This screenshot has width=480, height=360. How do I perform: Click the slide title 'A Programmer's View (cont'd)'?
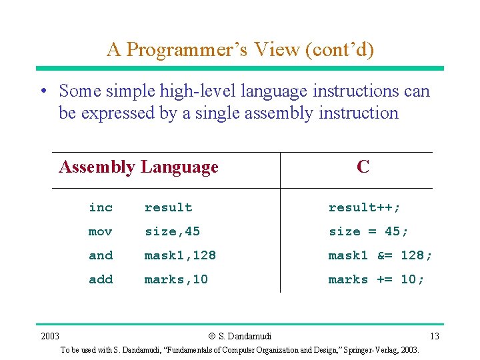[x=240, y=49]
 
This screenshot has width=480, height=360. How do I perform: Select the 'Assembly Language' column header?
[x=139, y=167]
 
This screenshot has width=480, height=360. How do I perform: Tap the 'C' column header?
[x=363, y=167]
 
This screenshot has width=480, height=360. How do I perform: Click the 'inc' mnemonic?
[x=101, y=208]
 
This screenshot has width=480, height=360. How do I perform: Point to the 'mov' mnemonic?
[x=101, y=232]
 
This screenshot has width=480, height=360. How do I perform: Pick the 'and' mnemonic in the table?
[x=101, y=255]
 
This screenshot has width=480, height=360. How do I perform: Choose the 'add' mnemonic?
[x=101, y=279]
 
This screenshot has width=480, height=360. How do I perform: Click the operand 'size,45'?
[x=172, y=232]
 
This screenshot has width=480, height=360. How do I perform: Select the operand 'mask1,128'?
[x=180, y=255]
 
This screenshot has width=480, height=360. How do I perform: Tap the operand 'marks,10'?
[x=176, y=279]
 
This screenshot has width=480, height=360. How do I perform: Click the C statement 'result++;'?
[x=365, y=208]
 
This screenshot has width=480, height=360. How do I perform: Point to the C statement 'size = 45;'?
[x=369, y=232]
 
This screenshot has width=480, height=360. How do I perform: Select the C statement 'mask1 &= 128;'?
[x=380, y=255]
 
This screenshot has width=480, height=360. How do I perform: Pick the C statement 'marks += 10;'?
[x=376, y=279]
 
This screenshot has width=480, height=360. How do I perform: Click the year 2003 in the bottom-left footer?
[x=49, y=336]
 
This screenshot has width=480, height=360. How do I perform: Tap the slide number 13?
[x=434, y=336]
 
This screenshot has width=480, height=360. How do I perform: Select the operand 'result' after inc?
[x=168, y=208]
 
